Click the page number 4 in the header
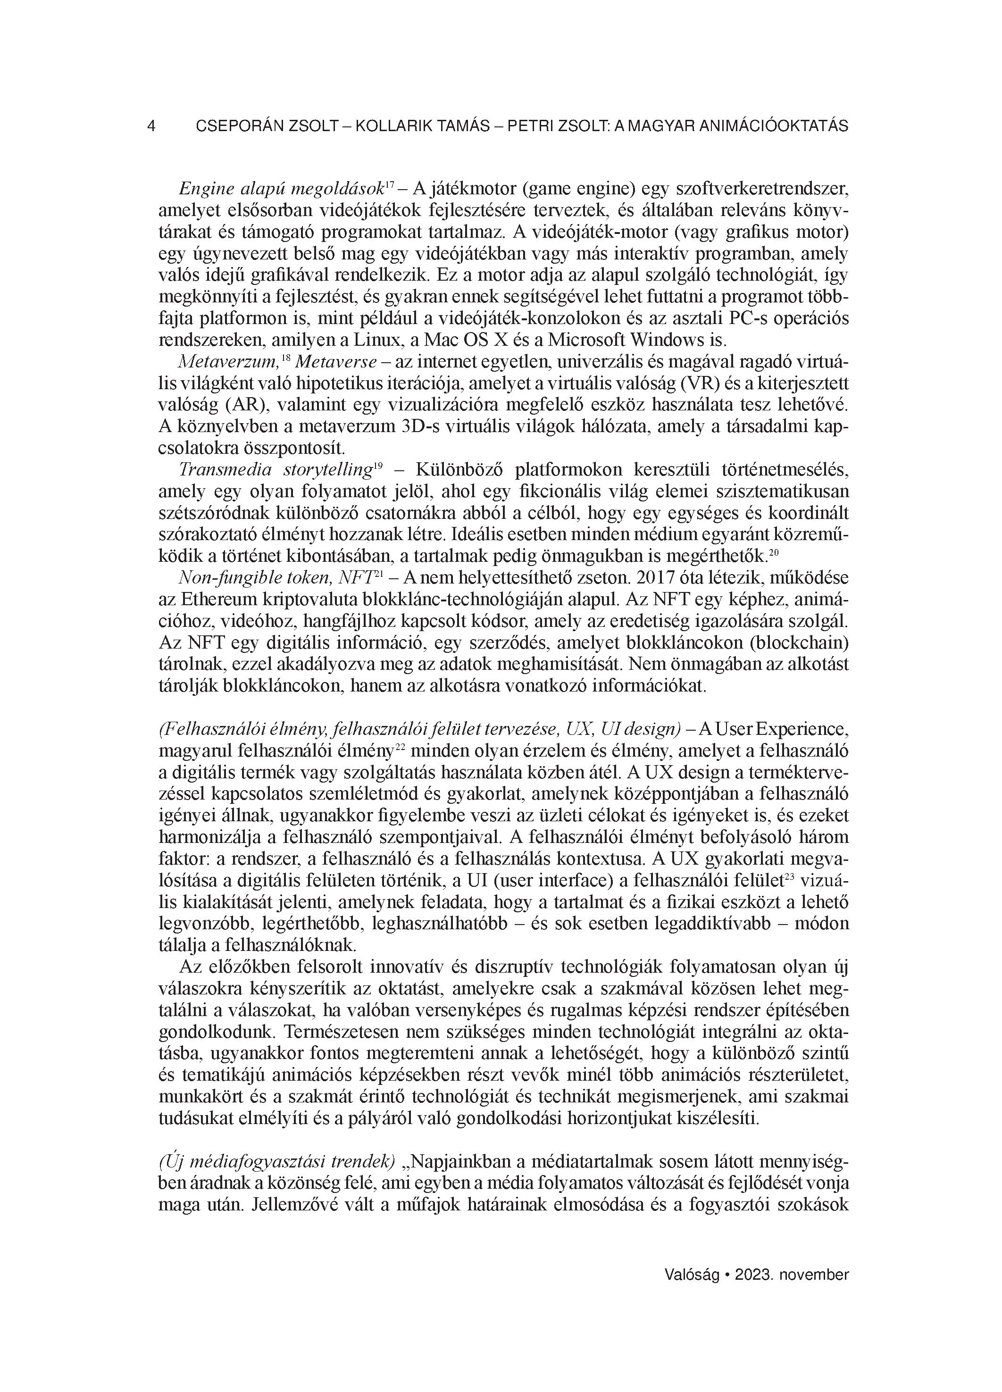tap(151, 126)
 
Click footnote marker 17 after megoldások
tap(389, 183)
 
